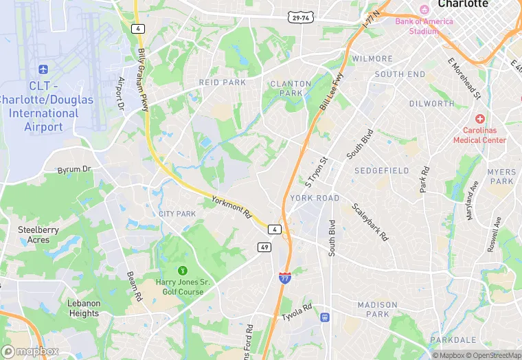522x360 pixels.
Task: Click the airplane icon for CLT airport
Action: [x=43, y=69]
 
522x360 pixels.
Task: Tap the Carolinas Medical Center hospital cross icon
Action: [x=479, y=118]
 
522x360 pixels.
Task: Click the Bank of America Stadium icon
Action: [x=424, y=9]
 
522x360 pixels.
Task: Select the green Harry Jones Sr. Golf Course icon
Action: [x=183, y=270]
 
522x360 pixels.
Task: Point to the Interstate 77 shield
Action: [x=284, y=278]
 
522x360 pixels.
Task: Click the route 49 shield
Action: [x=264, y=247]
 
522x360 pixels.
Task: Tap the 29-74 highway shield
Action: [x=302, y=17]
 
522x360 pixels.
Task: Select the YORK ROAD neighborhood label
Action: [x=315, y=198]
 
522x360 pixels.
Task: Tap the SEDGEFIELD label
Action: [x=382, y=170]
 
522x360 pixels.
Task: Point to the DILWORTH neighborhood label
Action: [x=431, y=104]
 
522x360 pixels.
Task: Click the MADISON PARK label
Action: [x=377, y=309]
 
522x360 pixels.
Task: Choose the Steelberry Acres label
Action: [x=38, y=235]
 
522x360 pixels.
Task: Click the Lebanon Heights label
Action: [x=84, y=308]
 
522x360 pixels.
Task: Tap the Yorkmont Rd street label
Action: [x=232, y=207]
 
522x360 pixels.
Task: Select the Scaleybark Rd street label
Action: [x=370, y=221]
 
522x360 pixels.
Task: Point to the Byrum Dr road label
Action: [x=74, y=169]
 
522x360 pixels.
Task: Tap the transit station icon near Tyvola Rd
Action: [x=324, y=317]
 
